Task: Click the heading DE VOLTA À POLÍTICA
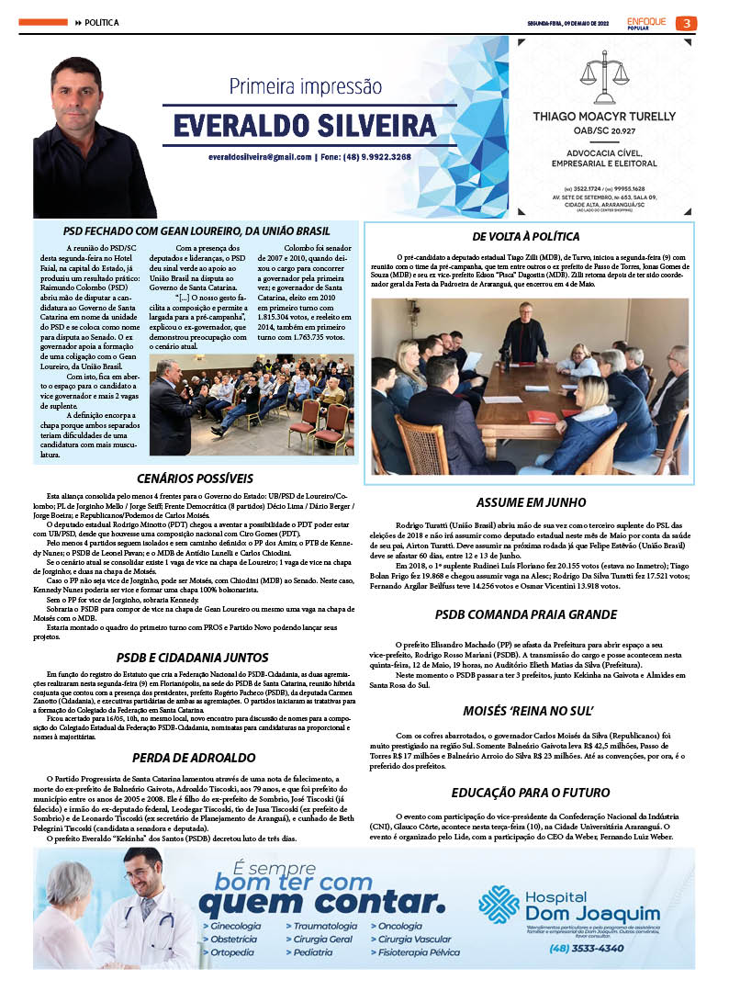(531, 237)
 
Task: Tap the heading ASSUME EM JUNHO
(531, 502)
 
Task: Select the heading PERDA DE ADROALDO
(194, 758)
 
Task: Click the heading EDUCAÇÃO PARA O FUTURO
(531, 792)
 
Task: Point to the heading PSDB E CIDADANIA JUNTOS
(193, 658)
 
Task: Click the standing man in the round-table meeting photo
(525, 332)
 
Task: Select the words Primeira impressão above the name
(305, 87)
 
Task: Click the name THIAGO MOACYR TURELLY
(605, 116)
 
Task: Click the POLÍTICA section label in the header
(102, 22)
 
